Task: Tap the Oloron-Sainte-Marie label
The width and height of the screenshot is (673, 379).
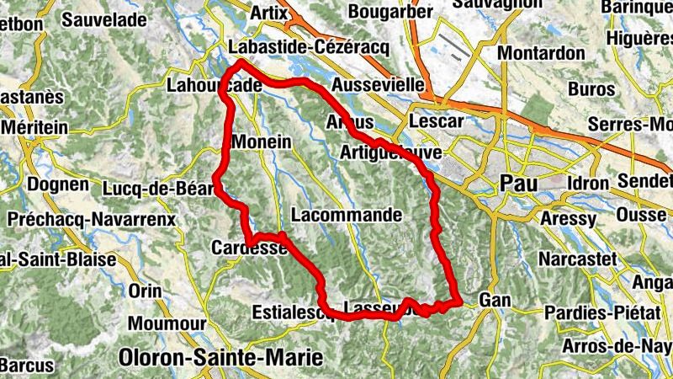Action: point(221,357)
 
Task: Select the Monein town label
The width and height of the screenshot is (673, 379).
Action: point(265,142)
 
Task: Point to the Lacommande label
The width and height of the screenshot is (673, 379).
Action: point(347,215)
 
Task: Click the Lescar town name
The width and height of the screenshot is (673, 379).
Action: point(436,121)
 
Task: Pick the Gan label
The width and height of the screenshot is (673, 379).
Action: point(495,300)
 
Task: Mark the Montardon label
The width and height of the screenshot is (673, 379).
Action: point(540,52)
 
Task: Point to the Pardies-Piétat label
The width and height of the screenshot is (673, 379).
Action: point(600,312)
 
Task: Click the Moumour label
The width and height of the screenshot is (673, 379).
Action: point(167,323)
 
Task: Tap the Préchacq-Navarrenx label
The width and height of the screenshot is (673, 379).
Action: point(90,219)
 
